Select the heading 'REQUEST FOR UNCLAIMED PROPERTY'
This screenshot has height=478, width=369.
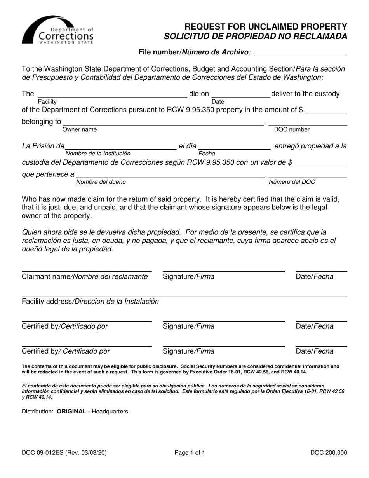point(266,27)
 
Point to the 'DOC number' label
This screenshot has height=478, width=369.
point(292,129)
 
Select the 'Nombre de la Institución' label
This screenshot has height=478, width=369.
point(97,154)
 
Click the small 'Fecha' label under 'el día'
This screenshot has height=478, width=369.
point(207,154)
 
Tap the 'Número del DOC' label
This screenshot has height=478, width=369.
point(292,181)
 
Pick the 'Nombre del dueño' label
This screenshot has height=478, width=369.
point(101,181)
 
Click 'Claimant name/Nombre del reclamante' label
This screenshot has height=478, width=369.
point(85,277)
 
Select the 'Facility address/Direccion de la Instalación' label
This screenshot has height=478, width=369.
point(90,301)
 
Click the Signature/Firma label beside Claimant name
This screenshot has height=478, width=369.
point(188,277)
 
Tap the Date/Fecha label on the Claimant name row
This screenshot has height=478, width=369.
point(315,277)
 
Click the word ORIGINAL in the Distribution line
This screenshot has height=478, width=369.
point(71,411)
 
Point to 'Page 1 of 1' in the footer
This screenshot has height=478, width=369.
point(190,452)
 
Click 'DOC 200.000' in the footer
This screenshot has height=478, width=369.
point(329,452)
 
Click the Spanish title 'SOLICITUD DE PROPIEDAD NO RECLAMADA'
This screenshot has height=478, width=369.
point(256,37)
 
